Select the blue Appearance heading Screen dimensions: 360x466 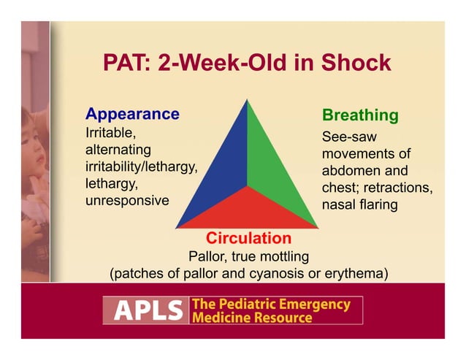click(x=132, y=114)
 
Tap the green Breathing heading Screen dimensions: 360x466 click(x=360, y=115)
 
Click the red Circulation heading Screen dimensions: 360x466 click(x=248, y=239)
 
